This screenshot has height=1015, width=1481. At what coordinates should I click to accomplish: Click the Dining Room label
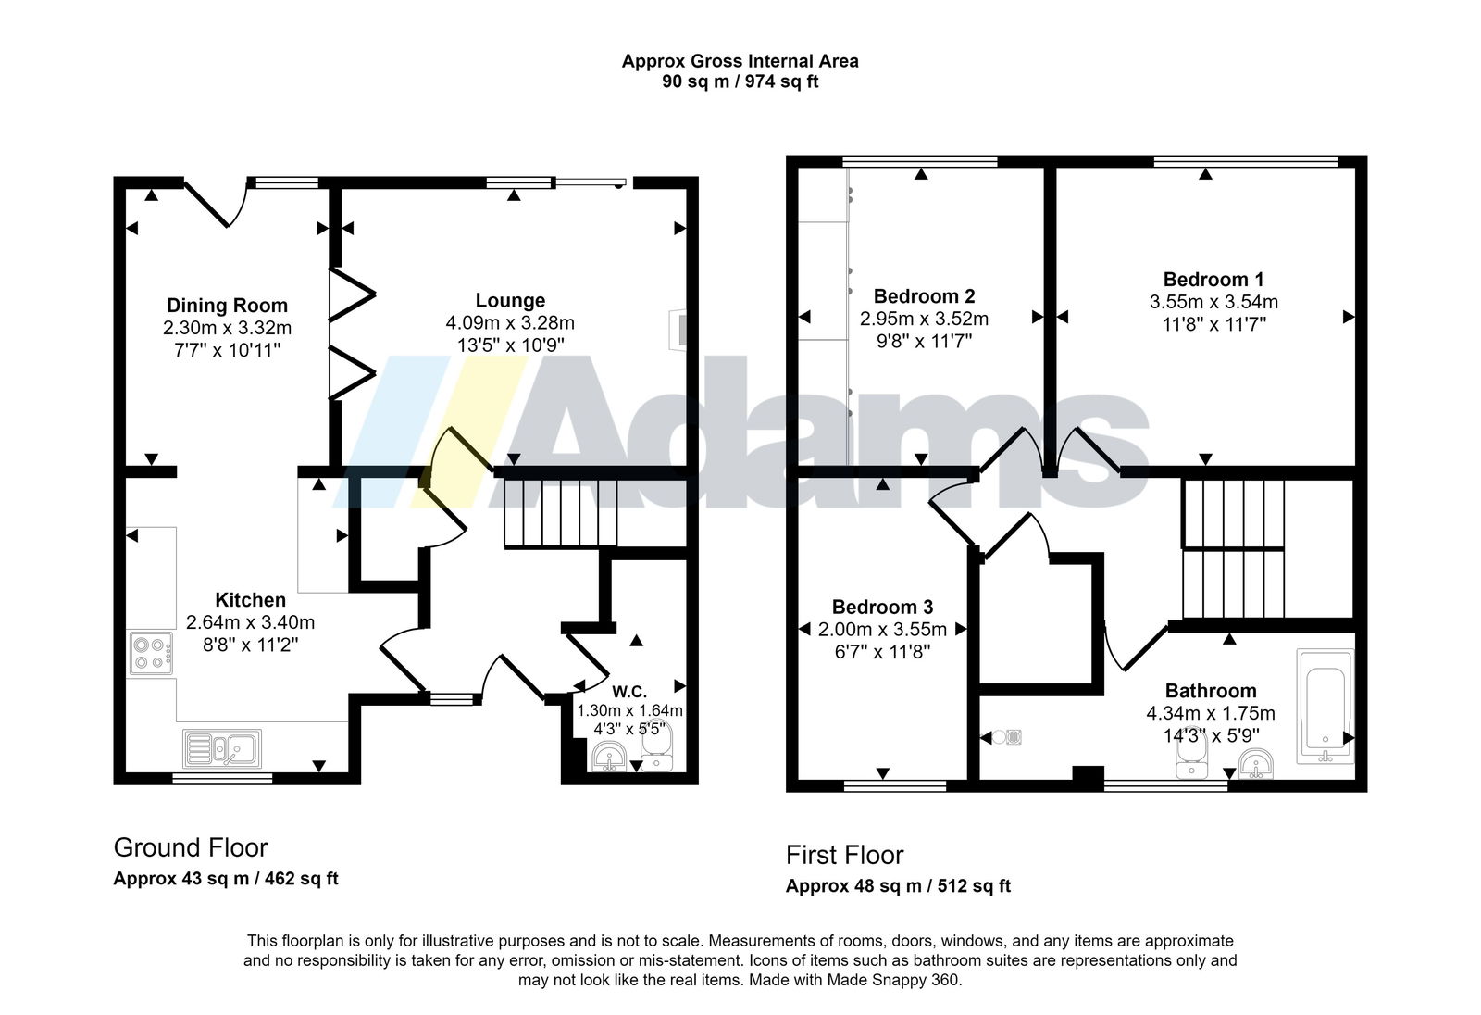227,305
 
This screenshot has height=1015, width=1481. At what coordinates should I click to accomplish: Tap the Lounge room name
510,300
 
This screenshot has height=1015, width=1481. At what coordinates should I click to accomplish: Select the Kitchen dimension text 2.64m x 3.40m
250,622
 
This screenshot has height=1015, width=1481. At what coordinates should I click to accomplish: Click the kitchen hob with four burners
151,653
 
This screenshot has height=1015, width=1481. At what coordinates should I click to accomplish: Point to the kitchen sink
221,748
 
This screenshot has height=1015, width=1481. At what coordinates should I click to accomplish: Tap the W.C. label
629,692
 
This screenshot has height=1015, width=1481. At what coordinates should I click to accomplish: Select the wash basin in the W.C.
609,757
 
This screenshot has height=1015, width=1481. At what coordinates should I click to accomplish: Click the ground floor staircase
561,513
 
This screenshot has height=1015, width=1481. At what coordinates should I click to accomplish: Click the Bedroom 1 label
1213,280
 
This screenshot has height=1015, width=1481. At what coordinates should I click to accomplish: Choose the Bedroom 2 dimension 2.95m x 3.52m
924,319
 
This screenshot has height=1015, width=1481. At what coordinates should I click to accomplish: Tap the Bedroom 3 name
882,607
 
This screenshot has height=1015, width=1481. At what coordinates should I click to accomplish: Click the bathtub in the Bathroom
1325,707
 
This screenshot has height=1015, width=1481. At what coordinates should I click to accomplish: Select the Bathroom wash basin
1255,764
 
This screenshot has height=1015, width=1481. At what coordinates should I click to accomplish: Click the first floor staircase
1233,548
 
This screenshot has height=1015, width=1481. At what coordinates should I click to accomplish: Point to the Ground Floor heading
191,847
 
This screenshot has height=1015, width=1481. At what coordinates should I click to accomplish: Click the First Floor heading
844,855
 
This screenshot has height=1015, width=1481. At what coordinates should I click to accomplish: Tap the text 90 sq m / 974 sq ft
740,81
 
